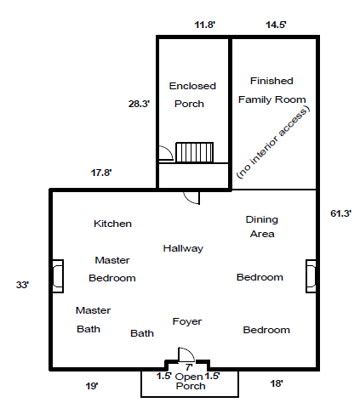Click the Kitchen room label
tap(112, 224)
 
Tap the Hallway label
tap(183, 248)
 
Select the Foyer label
tap(187, 321)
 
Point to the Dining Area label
tap(262, 226)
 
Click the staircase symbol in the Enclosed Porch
tap(194, 152)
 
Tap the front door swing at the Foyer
tap(186, 354)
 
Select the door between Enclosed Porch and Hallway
tap(191, 198)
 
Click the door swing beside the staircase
tap(166, 153)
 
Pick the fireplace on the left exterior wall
tap(58, 276)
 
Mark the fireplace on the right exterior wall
tap(311, 276)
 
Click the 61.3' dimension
tap(341, 213)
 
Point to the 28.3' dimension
tap(139, 104)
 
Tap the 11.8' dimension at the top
tap(204, 25)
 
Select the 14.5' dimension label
tap(276, 25)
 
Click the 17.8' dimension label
tap(101, 173)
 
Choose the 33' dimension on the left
tap(23, 285)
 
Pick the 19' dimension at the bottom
tap(92, 386)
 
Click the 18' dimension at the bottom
tap(277, 383)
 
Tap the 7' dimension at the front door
tap(189, 367)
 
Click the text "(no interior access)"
tap(273, 143)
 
